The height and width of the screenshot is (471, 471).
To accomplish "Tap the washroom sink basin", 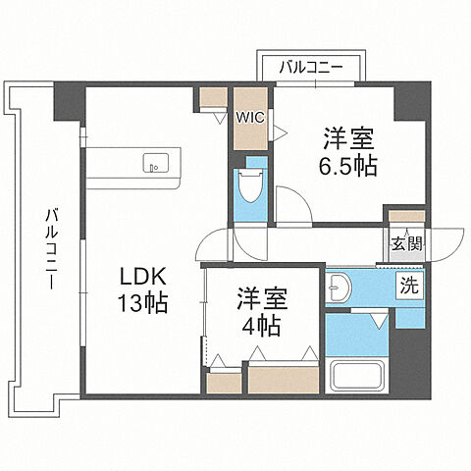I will [x=339, y=288].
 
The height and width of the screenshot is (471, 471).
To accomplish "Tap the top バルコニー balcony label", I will [x=309, y=68].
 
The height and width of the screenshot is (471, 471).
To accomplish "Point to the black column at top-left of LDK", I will [x=69, y=102].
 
